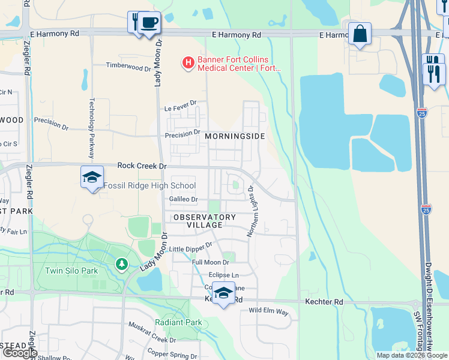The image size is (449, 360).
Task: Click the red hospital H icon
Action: pyautogui.click(x=188, y=62)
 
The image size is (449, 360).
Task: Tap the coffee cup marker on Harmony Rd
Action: pyautogui.click(x=149, y=23)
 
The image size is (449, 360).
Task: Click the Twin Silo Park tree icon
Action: pyautogui.click(x=122, y=264)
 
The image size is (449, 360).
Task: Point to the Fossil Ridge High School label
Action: pyautogui.click(x=149, y=186)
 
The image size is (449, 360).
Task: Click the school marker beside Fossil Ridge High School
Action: pyautogui.click(x=92, y=178)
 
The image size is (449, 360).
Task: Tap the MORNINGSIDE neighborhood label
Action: pyautogui.click(x=235, y=137)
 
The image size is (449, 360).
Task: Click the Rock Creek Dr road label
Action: pyautogui.click(x=142, y=166)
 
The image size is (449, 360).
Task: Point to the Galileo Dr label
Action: pyautogui.click(x=183, y=199)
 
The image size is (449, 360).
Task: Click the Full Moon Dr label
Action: pyautogui.click(x=210, y=263)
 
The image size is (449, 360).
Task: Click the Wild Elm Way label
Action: pyautogui.click(x=268, y=313)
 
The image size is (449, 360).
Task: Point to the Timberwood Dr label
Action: pyautogui.click(x=128, y=67)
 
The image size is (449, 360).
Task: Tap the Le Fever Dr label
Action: pyautogui.click(x=181, y=109)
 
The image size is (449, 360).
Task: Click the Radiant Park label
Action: pyautogui.click(x=178, y=323)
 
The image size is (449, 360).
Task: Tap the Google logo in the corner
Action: pyautogui.click(x=20, y=353)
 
